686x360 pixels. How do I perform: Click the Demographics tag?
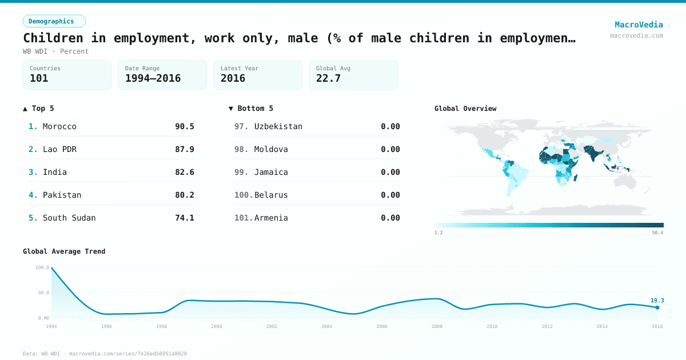[54, 21]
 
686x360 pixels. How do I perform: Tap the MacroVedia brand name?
[639, 25]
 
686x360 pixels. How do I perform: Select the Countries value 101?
[39, 78]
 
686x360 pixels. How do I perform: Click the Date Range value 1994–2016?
[153, 78]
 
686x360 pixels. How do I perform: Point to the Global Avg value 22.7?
[328, 78]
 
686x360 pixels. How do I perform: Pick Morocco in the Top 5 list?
[59, 126]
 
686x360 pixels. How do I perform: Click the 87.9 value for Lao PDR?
[184, 149]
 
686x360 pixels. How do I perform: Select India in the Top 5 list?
[55, 172]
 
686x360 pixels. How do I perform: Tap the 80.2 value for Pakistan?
[184, 195]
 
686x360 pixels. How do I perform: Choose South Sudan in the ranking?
[69, 218]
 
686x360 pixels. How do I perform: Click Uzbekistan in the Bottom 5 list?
[278, 126]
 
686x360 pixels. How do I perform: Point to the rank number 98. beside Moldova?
[242, 149]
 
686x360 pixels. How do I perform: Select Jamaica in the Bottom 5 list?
[271, 172]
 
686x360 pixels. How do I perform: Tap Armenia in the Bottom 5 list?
[271, 218]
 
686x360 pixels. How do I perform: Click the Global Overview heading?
[465, 109]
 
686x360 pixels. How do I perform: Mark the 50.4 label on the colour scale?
[657, 233]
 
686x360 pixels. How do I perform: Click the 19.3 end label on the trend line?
[657, 301]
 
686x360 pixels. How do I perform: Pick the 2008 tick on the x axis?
[437, 326]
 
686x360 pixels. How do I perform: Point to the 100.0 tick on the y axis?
[42, 267]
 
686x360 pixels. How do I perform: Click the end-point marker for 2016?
[657, 307]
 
